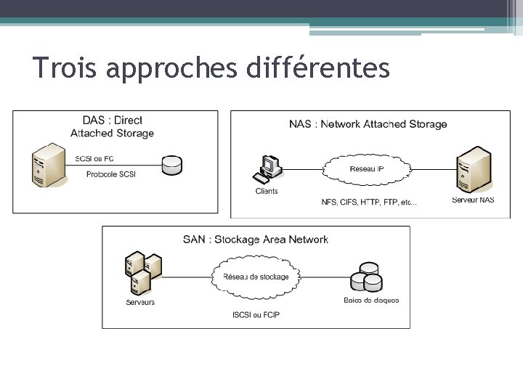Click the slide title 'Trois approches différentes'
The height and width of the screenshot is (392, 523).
(x=211, y=68)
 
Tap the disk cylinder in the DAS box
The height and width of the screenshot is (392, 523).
(x=172, y=165)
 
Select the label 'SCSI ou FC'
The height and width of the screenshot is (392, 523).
(x=94, y=159)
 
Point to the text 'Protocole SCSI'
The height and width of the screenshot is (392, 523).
(x=110, y=174)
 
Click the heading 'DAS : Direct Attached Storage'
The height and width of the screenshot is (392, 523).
(x=112, y=127)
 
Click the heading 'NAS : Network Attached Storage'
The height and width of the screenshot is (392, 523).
(x=368, y=124)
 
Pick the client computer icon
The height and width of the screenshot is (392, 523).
(x=267, y=169)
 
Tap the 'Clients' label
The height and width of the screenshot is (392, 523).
(x=267, y=192)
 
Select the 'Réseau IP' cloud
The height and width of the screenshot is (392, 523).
(x=367, y=169)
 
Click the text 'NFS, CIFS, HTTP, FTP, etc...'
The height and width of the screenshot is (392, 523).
(x=369, y=203)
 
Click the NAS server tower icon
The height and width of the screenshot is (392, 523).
(x=473, y=169)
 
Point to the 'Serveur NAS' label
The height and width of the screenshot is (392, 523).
(x=473, y=200)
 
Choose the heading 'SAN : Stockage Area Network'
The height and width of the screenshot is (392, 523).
(x=256, y=240)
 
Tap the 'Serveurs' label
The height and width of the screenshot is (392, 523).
(x=140, y=302)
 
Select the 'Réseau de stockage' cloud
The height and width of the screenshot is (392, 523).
(x=256, y=277)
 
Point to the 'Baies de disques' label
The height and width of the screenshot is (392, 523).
(x=371, y=301)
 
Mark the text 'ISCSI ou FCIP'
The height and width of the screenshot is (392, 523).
(x=256, y=315)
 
